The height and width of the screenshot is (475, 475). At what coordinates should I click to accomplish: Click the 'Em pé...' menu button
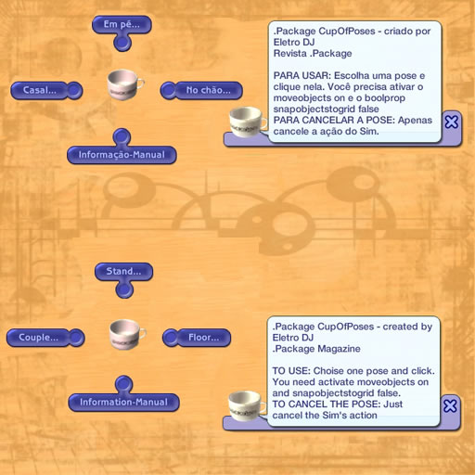(122, 24)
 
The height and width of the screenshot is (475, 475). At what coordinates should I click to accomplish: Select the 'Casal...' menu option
(40, 90)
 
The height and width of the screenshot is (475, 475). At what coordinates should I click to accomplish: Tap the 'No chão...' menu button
(208, 90)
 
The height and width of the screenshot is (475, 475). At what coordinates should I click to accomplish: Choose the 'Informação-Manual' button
(122, 155)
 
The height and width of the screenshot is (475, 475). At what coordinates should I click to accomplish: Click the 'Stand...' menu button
(123, 272)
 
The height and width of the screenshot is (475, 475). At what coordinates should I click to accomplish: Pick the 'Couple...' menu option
(38, 338)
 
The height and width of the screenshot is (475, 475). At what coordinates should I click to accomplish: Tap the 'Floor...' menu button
(204, 338)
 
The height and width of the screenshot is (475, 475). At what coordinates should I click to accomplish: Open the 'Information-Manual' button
(123, 402)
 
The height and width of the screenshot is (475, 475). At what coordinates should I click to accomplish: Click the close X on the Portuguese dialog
(452, 122)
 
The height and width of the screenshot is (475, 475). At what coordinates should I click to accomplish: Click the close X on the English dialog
(450, 405)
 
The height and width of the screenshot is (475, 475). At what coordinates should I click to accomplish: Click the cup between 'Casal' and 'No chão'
(124, 84)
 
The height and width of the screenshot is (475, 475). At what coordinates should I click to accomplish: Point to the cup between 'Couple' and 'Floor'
(127, 334)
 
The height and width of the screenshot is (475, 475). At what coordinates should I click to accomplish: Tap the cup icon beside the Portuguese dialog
(248, 122)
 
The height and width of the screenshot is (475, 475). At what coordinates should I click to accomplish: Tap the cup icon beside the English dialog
(246, 405)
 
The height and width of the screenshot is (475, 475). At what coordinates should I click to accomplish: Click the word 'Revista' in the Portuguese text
(290, 54)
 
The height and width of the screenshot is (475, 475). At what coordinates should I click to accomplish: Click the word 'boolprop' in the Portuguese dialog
(385, 98)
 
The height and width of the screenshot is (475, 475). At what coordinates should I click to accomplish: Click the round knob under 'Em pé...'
(122, 43)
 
